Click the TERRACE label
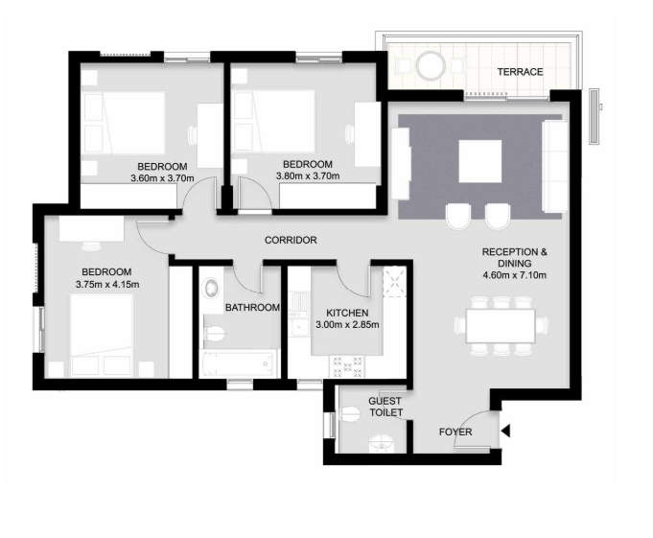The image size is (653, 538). (x=519, y=72)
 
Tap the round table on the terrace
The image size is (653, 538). (x=430, y=66)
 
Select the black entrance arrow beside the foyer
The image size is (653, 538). (x=505, y=432)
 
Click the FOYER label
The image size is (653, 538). (x=455, y=433)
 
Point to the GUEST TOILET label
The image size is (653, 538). (x=385, y=408)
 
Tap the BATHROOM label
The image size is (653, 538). (x=252, y=308)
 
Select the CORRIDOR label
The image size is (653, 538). (x=291, y=240)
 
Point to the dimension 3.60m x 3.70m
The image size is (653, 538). (x=162, y=177)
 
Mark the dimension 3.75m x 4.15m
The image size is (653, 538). (x=107, y=285)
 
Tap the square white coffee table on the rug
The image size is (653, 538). (x=479, y=161)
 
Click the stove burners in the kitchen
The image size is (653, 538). (x=347, y=364)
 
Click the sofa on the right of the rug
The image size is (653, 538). (x=553, y=165)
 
